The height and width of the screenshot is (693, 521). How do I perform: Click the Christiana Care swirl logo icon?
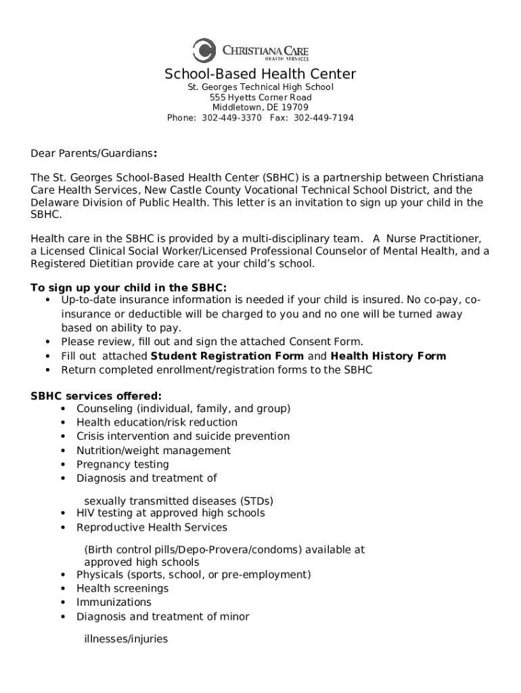(204, 51)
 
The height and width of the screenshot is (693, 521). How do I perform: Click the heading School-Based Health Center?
(260, 74)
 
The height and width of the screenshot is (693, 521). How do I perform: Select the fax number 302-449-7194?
(323, 118)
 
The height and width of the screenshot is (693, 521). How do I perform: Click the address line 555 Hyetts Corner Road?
(260, 97)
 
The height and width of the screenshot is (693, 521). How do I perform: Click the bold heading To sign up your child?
(129, 288)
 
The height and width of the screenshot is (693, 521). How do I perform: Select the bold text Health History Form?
(388, 356)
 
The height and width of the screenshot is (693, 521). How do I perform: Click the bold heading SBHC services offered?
(96, 395)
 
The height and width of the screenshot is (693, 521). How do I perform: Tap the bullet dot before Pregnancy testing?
(63, 465)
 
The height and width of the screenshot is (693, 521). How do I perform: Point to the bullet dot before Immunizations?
(63, 602)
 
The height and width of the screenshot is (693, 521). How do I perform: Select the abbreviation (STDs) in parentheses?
(256, 501)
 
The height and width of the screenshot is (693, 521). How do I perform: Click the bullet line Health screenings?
(122, 588)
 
